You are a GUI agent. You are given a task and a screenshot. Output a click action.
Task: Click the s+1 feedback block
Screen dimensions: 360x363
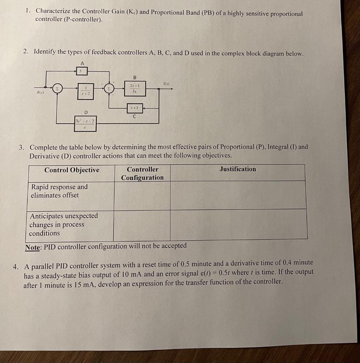coord(135,108)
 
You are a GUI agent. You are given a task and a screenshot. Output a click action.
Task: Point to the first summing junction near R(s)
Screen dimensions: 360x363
coord(57,88)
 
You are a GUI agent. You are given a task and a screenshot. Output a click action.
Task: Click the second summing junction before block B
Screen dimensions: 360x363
coord(108,89)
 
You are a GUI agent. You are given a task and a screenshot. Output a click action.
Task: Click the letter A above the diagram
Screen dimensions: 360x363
coord(82,63)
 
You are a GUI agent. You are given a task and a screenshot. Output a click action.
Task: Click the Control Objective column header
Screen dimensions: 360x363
coord(72,170)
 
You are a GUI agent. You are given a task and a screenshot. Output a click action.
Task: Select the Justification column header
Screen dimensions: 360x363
coord(237,169)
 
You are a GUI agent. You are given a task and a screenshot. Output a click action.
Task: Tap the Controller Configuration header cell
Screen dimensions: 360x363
coord(142,173)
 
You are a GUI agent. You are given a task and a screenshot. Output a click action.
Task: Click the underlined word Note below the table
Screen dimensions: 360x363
coord(33,247)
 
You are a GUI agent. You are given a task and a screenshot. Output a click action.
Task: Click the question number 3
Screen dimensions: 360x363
coord(22,147)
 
